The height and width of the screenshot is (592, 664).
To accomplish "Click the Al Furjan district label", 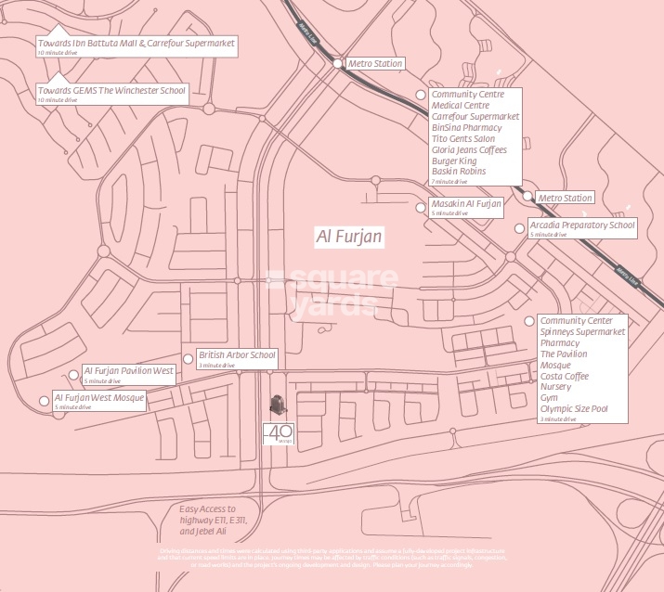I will point(350,238).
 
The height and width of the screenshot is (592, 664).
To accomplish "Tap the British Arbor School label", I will point(237,355).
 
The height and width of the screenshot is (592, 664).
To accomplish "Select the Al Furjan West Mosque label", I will point(99,398).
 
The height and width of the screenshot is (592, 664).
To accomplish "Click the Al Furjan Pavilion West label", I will point(129,371).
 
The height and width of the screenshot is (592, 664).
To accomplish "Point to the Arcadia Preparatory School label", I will point(581,225).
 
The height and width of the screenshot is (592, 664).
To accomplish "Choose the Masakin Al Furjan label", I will point(466,204).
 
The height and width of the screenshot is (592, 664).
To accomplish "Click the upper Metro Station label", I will point(375,64).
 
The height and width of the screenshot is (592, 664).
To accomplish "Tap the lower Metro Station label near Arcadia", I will point(565,198).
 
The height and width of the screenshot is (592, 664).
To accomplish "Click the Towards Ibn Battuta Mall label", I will point(137,44).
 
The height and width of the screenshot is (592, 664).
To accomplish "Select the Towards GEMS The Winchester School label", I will point(111,92).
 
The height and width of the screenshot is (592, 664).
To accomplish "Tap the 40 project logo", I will point(279,433).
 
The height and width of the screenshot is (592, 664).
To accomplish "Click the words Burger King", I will point(454,161).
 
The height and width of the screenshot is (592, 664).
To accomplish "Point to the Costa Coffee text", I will point(565,376).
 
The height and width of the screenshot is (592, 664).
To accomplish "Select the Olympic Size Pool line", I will point(574,408).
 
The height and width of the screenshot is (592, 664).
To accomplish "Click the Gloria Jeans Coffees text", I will point(469,149).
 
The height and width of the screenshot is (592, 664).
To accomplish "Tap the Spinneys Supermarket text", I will point(583,332).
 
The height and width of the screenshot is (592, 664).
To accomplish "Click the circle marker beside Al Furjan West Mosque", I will point(44,401).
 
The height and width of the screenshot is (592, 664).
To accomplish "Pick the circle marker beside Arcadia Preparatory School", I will point(520,227).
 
